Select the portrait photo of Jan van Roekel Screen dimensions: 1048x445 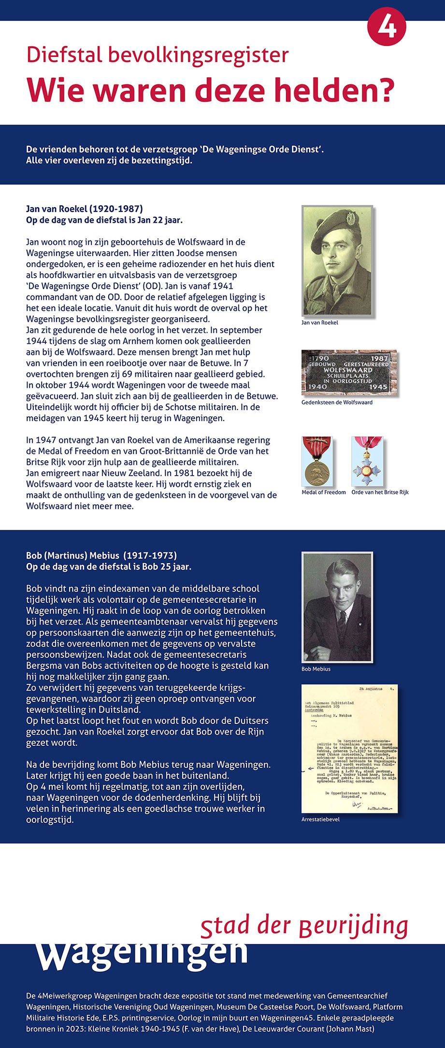(x=338, y=261)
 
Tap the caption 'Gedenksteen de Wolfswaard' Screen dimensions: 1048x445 (x=337, y=402)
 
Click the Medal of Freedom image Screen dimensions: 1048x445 (x=317, y=461)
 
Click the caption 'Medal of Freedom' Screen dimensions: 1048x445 (x=323, y=492)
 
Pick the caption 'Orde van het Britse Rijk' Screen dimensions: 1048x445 (x=380, y=492)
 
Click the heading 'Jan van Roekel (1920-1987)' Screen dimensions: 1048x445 (x=84, y=210)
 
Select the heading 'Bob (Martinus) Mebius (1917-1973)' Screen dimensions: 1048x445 (x=101, y=555)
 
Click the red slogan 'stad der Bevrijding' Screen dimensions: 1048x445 (x=304, y=925)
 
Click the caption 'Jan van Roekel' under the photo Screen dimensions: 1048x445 (x=319, y=322)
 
